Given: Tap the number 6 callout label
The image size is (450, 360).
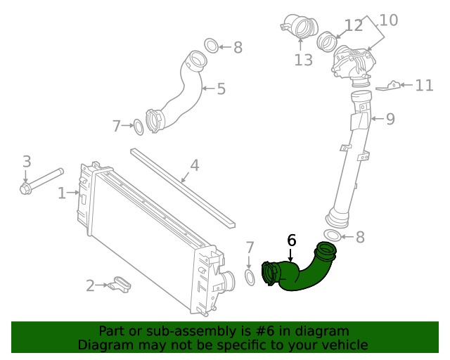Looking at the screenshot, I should tap(291, 240).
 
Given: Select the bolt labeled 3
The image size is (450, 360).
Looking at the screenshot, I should tap(41, 179).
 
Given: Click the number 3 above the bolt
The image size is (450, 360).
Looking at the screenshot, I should tap(27, 162).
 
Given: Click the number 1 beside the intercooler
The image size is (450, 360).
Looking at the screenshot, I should tap(62, 192).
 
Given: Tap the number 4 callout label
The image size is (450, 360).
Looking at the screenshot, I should tap(195, 166).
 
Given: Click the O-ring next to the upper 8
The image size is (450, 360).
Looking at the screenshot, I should tap(212, 46).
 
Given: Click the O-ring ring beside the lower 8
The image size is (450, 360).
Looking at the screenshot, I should tap(333, 236).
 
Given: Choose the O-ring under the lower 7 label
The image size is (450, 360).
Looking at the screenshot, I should tap(250, 276).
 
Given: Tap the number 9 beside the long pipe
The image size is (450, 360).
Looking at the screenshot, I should tap(390, 119).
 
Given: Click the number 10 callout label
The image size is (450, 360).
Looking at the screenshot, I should tap(388, 20).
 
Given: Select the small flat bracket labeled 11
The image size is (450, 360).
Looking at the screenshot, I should tap(390, 86).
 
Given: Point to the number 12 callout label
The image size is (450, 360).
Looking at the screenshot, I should tap(354, 26).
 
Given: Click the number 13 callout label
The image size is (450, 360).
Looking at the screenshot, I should tap(303, 60).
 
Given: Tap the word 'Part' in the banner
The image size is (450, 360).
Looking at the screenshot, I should tap(112, 330).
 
